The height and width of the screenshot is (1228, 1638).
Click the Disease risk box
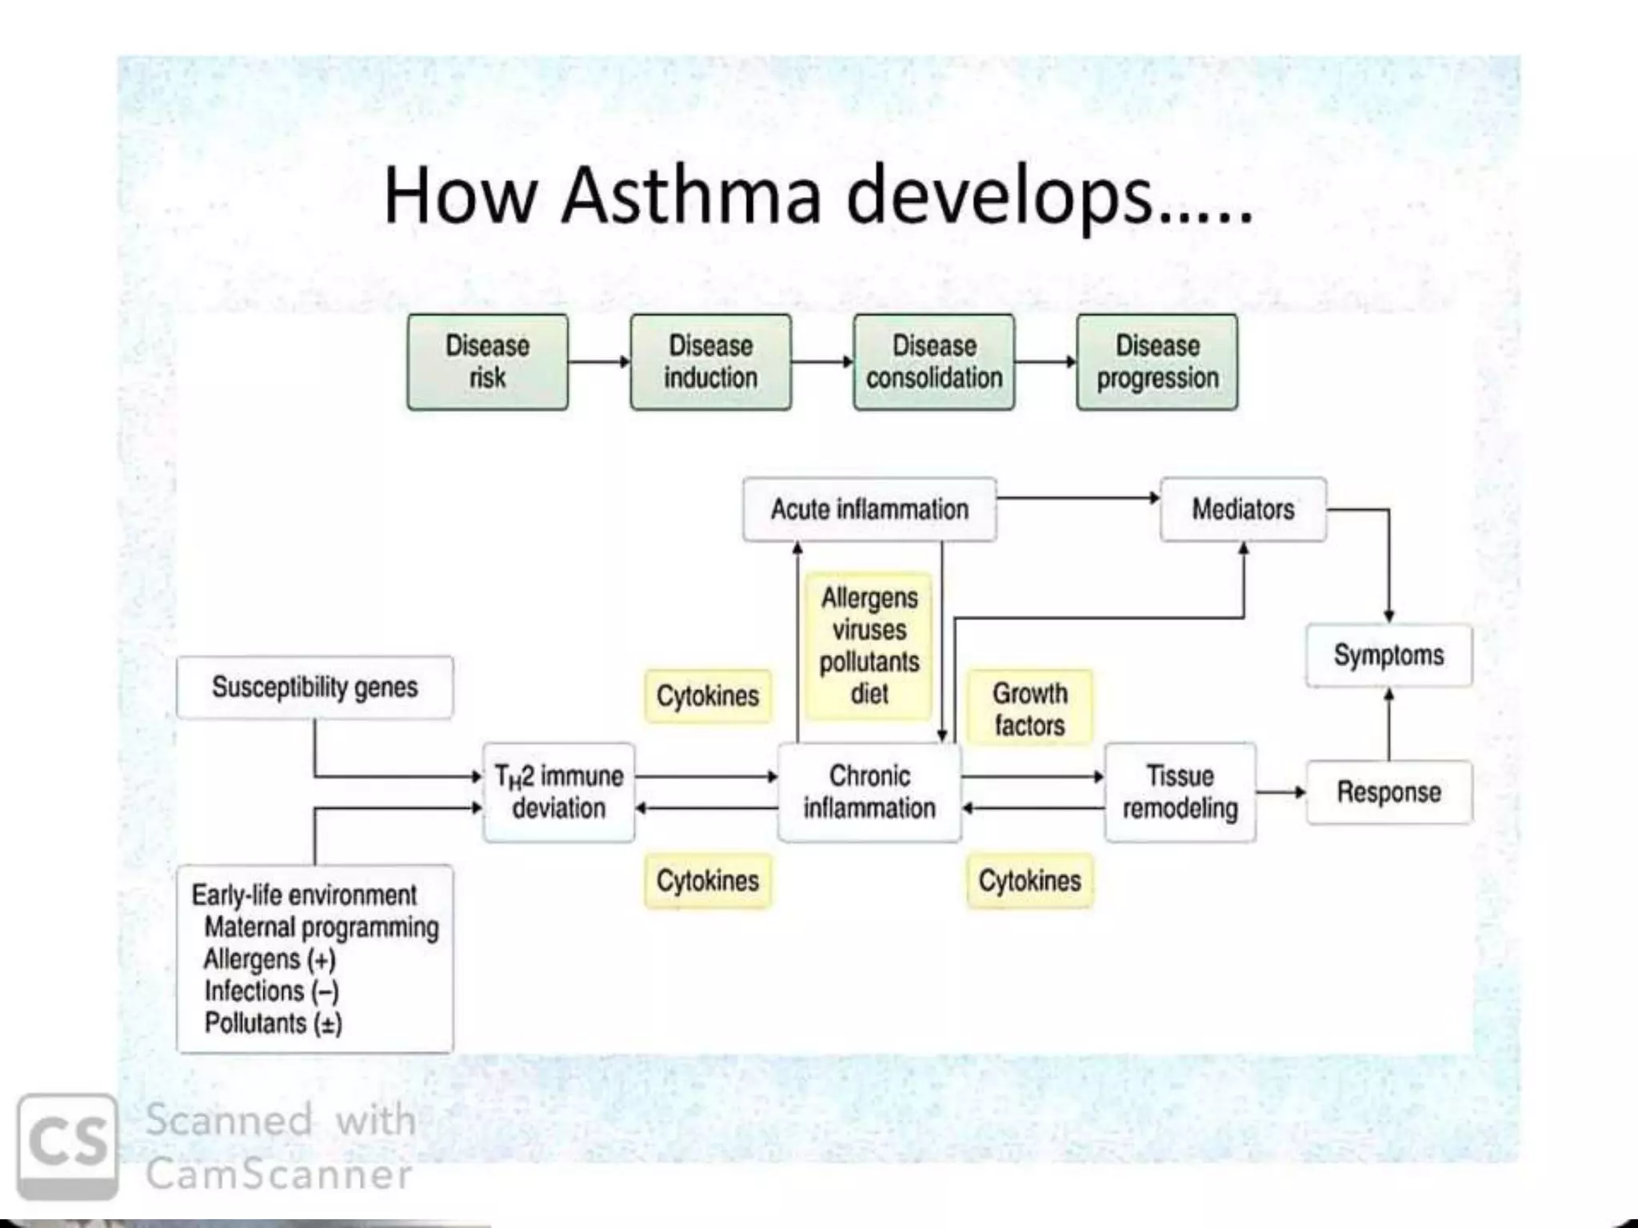(x=487, y=362)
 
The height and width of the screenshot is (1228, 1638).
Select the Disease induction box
(x=710, y=362)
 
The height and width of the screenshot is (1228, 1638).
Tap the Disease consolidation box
(x=933, y=362)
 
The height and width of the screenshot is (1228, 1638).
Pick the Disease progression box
(x=1157, y=362)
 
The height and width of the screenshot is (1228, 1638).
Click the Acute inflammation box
(x=869, y=509)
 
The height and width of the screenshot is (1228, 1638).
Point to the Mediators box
(x=1243, y=509)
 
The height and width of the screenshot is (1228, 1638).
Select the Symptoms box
(x=1388, y=656)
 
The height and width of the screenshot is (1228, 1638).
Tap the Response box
(x=1388, y=792)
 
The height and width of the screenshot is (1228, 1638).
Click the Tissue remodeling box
(x=1180, y=792)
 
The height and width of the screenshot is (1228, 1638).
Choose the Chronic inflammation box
(x=869, y=792)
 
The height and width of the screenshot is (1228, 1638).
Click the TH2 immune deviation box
(x=558, y=792)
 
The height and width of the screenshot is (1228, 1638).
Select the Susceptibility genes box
(x=314, y=688)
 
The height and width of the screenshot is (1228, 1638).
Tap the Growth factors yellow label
(x=1029, y=709)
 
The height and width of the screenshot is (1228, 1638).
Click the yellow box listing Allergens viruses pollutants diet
(x=869, y=646)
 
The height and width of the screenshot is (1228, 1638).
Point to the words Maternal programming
(x=321, y=927)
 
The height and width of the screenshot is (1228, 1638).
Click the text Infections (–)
(x=271, y=991)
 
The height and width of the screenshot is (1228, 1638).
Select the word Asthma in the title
(x=691, y=196)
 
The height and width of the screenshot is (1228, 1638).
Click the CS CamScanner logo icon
(x=67, y=1145)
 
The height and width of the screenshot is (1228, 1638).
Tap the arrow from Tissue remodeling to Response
(x=1280, y=792)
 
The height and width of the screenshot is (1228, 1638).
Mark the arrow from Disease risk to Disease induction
(x=599, y=362)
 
